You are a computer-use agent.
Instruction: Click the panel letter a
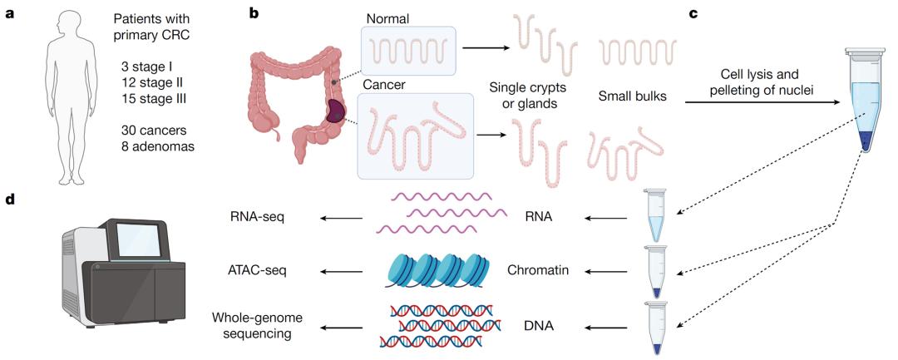pos(11,14)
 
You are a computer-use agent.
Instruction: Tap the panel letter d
pos(12,200)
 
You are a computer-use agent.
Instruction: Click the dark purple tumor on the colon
pos(336,111)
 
